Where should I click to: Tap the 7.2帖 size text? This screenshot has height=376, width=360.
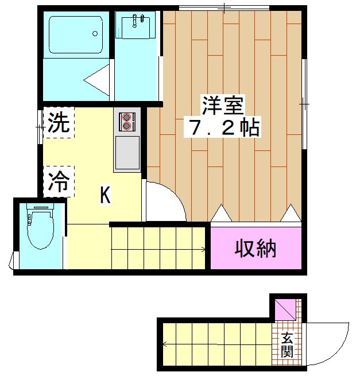[222, 127]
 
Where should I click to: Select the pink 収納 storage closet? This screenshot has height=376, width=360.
[256, 249]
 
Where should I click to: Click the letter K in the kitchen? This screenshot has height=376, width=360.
[105, 195]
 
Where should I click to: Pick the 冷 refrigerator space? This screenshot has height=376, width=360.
[58, 182]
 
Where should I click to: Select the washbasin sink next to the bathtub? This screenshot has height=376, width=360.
[136, 25]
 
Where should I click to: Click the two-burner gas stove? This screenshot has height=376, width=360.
[127, 122]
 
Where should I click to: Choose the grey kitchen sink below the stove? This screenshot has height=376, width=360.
[127, 152]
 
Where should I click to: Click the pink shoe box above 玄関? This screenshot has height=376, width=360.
[285, 311]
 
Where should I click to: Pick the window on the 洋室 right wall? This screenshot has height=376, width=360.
[304, 103]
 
